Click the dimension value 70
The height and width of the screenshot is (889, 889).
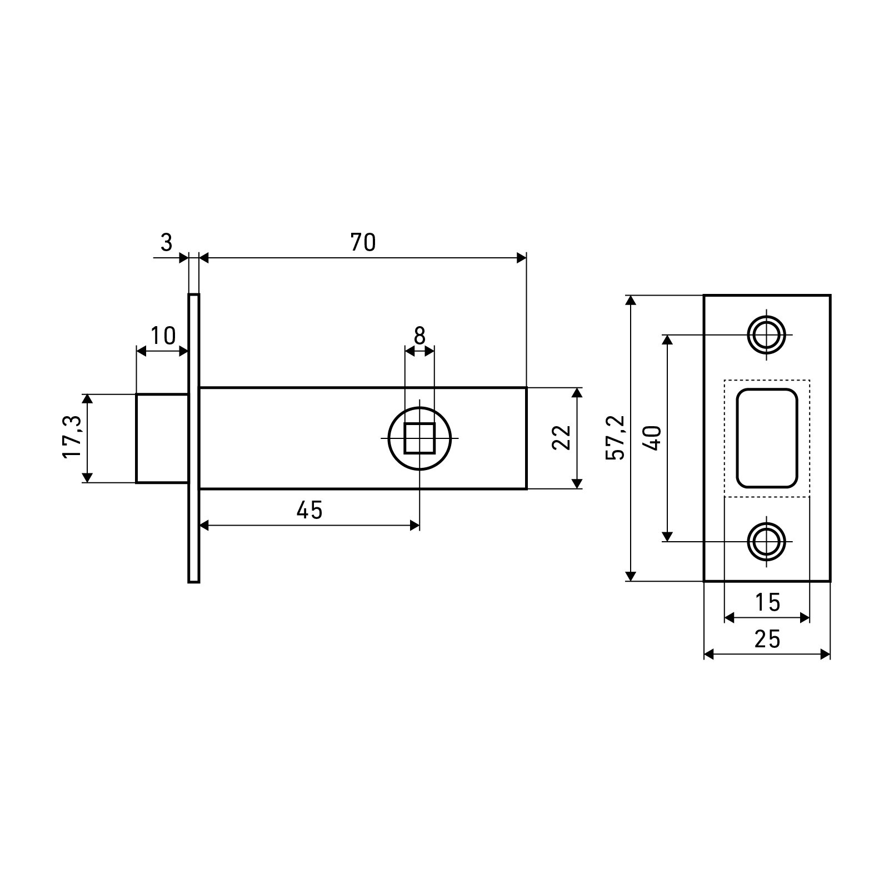[363, 243]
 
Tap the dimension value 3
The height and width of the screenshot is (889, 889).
[167, 243]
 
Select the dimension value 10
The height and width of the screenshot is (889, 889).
[163, 336]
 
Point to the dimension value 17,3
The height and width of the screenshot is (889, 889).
[72, 437]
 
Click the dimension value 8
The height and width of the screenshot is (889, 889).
[419, 336]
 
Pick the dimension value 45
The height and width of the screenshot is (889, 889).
[309, 510]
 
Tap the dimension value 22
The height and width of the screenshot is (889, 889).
[562, 437]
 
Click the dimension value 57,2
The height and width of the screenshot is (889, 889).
[616, 437]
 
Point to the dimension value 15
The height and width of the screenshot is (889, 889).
[768, 602]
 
